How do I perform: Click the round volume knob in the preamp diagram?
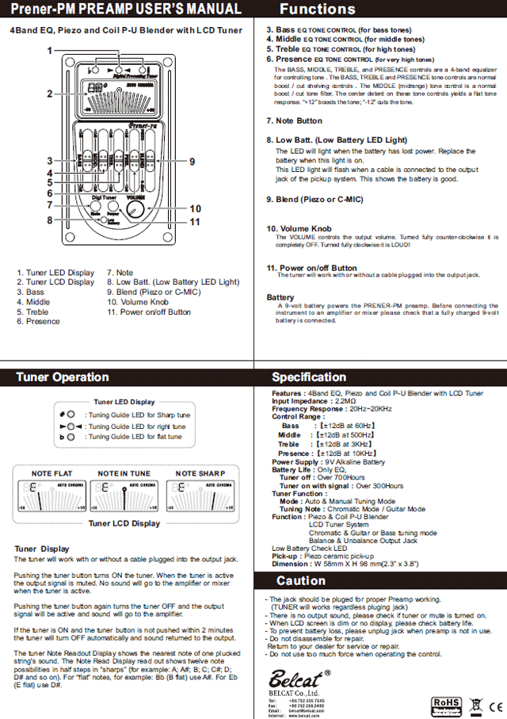pos(137,209)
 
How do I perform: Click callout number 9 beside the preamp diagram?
pos(192,162)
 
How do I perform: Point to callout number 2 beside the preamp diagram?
pos(49,94)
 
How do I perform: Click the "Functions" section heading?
pos(318,10)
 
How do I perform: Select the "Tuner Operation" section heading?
pos(63,377)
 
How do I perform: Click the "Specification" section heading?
pos(309,377)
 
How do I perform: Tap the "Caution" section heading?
pos(301,582)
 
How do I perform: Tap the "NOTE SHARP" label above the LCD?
pos(200,473)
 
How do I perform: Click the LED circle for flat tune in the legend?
pos(71,437)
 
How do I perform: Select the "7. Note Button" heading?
pos(295,120)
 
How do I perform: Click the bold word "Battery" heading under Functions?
pos(280,298)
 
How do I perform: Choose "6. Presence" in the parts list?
pos(38,321)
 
